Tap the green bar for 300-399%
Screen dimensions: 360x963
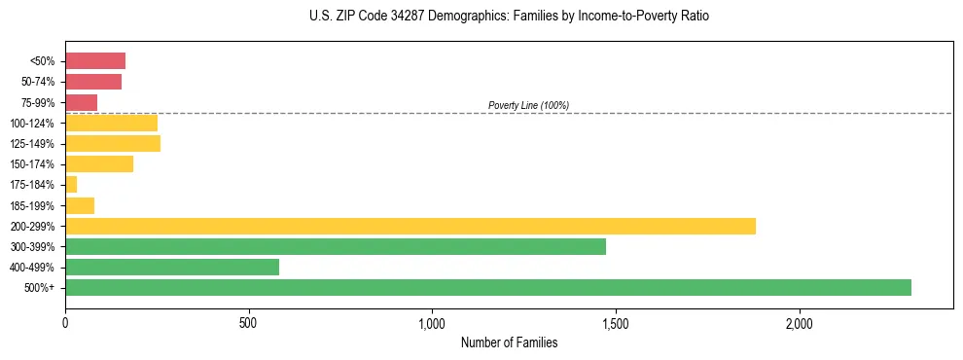(x=336, y=246)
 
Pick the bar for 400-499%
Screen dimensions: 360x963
(x=172, y=267)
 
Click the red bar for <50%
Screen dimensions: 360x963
(x=95, y=61)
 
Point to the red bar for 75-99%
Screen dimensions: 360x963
(x=82, y=102)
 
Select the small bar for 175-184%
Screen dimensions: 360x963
(x=71, y=185)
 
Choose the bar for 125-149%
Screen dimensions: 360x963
(x=113, y=144)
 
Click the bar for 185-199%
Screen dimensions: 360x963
(x=80, y=205)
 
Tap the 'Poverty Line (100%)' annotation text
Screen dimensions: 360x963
(x=528, y=105)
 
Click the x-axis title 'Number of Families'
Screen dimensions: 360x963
(x=509, y=342)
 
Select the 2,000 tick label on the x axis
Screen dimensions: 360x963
(x=799, y=322)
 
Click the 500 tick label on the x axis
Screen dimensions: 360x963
(x=249, y=322)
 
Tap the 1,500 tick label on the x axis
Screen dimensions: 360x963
(x=616, y=322)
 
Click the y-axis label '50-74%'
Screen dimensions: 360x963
(x=39, y=83)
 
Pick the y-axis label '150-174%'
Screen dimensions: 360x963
(x=35, y=164)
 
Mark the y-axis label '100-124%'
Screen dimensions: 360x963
(x=35, y=124)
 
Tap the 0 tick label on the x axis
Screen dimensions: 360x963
(x=65, y=322)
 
